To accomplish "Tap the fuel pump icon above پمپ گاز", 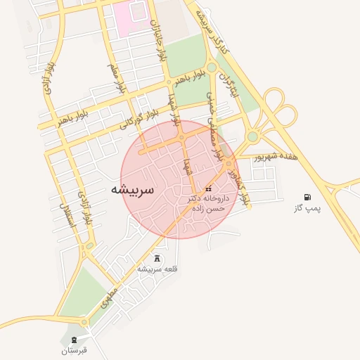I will [307, 197].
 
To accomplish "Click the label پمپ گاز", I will [307, 209].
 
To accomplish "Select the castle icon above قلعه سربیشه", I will [156, 257].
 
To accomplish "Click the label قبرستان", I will [73, 349].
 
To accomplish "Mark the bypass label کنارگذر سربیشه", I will [212, 32].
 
